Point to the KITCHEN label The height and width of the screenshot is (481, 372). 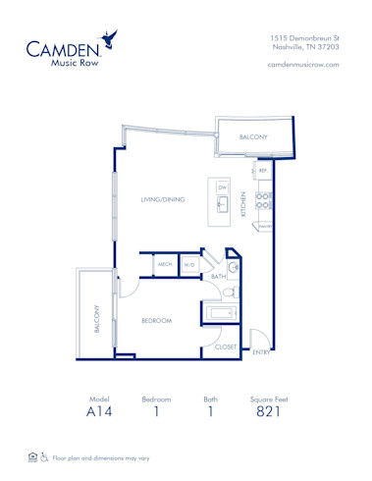pyautogui.click(x=244, y=204)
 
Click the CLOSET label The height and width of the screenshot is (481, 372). pyautogui.click(x=225, y=346)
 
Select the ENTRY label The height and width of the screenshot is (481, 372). pyautogui.click(x=261, y=350)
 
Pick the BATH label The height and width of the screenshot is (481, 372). pyautogui.click(x=218, y=277)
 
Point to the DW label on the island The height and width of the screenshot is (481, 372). pyautogui.click(x=222, y=187)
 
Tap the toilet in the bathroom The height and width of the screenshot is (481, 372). pyautogui.click(x=227, y=291)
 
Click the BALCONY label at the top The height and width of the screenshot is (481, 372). pyautogui.click(x=253, y=138)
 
